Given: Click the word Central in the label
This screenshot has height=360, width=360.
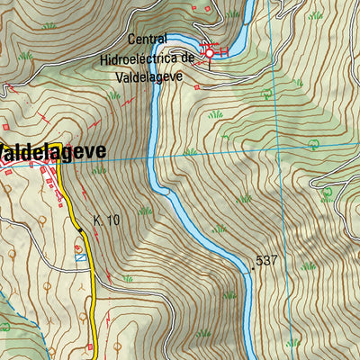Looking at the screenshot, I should click(148, 40).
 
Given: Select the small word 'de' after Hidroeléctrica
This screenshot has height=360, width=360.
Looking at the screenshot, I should click(188, 58).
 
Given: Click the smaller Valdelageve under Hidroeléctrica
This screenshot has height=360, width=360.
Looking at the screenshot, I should click(149, 76).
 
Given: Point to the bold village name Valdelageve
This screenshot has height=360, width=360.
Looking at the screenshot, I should click(52, 151).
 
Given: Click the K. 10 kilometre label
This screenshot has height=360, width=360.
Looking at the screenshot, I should click(106, 220).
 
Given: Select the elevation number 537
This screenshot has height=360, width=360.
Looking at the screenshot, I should click(267, 261).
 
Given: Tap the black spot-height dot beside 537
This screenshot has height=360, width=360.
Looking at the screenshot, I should click(253, 267).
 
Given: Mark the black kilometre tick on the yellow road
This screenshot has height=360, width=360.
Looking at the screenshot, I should click(79, 230).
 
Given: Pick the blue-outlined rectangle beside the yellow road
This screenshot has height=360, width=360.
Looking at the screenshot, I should click(81, 256).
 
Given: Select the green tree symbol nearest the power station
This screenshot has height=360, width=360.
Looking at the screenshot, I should click(265, 94).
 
